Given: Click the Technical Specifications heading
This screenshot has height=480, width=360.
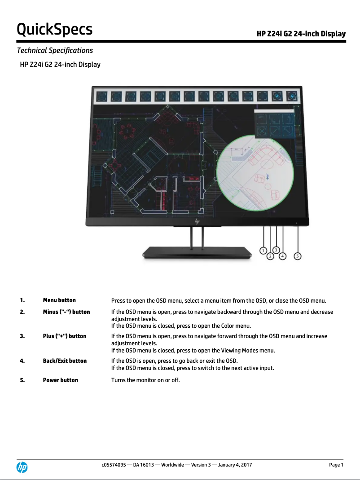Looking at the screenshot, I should [55, 50].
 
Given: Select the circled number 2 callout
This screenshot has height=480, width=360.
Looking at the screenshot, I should [270, 256].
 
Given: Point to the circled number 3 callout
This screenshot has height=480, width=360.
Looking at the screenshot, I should [277, 250].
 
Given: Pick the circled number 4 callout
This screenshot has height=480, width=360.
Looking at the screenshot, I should [283, 256].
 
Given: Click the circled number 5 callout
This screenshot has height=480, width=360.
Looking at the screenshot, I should [298, 256].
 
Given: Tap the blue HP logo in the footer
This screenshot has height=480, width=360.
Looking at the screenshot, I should [22, 467].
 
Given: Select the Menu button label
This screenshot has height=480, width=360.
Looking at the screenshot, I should [59, 300].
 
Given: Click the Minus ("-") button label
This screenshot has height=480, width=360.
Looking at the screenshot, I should [66, 312].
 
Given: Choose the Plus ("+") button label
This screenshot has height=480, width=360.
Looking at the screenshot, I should [65, 336].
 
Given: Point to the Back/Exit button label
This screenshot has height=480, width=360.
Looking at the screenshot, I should [65, 361].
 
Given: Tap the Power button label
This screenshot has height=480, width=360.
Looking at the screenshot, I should [60, 380].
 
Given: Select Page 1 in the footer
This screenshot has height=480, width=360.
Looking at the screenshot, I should [336, 465].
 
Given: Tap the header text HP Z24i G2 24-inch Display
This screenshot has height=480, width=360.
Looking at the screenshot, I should [301, 34].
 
